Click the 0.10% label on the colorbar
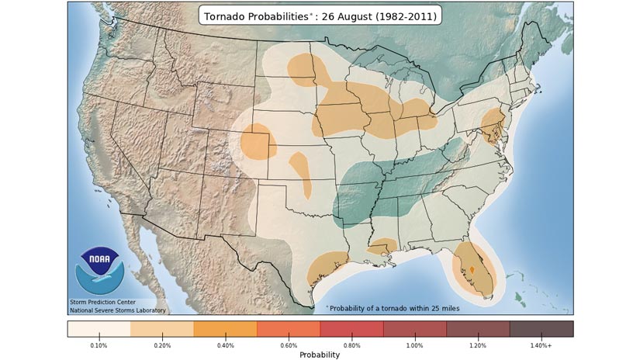(x=99, y=344)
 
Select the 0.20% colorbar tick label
(x=161, y=344)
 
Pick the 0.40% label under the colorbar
(x=225, y=344)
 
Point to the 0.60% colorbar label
(x=288, y=344)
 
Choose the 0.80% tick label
(x=351, y=344)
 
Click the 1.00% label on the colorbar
(x=414, y=344)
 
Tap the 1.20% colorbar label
(x=478, y=344)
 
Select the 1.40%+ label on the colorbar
(x=541, y=344)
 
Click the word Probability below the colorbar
(x=320, y=355)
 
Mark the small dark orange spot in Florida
(x=472, y=269)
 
